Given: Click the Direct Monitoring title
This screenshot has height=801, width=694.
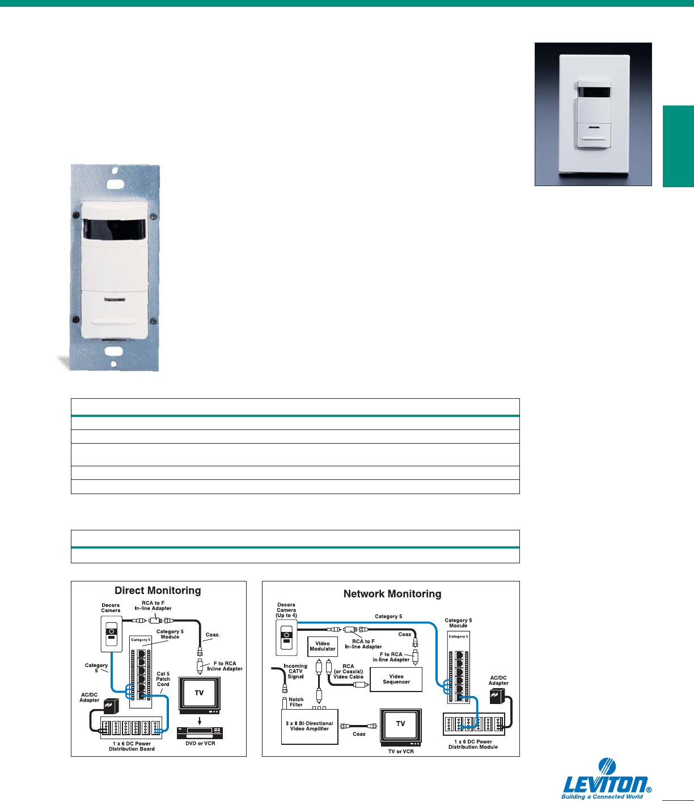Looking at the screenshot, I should click(x=158, y=591).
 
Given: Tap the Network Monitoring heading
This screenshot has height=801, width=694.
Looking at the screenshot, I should click(x=392, y=594).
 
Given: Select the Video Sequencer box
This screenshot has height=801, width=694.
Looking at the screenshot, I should click(x=396, y=679).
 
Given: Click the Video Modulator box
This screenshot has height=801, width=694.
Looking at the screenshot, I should click(x=323, y=646).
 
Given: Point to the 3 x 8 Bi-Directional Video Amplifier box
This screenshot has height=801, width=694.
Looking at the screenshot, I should click(x=310, y=726).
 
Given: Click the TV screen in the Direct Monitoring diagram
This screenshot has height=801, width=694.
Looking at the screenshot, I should click(x=199, y=693).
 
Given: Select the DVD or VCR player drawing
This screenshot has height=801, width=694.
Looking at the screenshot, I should click(x=200, y=732).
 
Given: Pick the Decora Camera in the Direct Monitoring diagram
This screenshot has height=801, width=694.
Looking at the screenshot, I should click(x=111, y=635).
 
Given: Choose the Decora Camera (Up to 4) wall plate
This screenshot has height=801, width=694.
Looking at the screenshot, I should click(x=286, y=637).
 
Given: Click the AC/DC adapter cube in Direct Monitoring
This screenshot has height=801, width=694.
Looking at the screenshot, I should click(x=108, y=707).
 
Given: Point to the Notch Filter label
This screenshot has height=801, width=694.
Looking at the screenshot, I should click(x=296, y=702).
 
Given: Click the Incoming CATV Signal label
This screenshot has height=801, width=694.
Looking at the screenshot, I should click(x=295, y=671).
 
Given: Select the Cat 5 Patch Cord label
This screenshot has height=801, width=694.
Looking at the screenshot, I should click(x=163, y=679).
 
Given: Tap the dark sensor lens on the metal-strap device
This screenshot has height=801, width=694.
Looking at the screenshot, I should click(x=114, y=229).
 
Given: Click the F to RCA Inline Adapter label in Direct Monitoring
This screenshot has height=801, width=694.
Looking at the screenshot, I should click(x=225, y=666).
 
